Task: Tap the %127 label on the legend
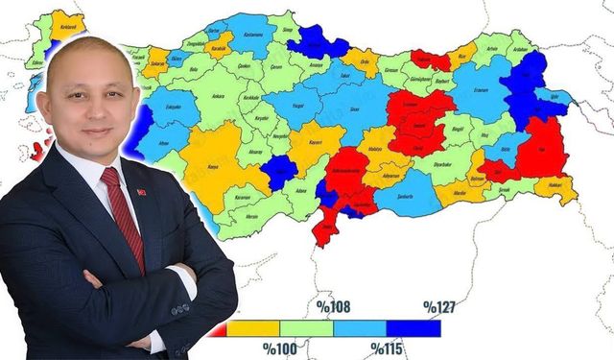tap(440, 307)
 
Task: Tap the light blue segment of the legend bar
tap(360, 328)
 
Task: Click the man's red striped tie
tap(127, 216)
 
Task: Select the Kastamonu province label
tap(254, 35)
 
